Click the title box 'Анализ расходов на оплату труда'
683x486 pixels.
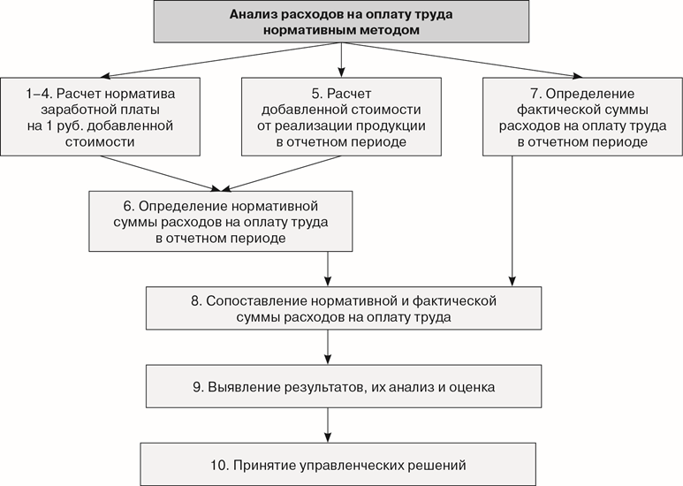pos(341,21)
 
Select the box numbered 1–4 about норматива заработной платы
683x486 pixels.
pos(100,117)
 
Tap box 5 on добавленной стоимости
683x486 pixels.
pos(341,117)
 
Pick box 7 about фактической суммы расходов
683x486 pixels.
pos(582,117)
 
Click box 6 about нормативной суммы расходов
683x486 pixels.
pos(220,221)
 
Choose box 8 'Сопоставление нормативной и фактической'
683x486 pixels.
pos(344,308)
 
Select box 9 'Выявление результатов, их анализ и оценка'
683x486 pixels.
pos(344,386)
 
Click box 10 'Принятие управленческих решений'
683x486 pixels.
pos(338,464)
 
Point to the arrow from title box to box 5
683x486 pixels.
pos(341,60)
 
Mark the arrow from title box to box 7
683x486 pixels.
pos(462,60)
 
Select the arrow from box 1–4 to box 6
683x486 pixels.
pos(160,173)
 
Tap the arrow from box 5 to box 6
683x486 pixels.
pos(281,173)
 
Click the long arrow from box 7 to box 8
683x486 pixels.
pos(512,221)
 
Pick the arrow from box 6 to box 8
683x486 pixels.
pos(328,269)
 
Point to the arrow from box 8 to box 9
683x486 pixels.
pos(328,347)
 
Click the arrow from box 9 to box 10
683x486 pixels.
pos(328,425)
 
